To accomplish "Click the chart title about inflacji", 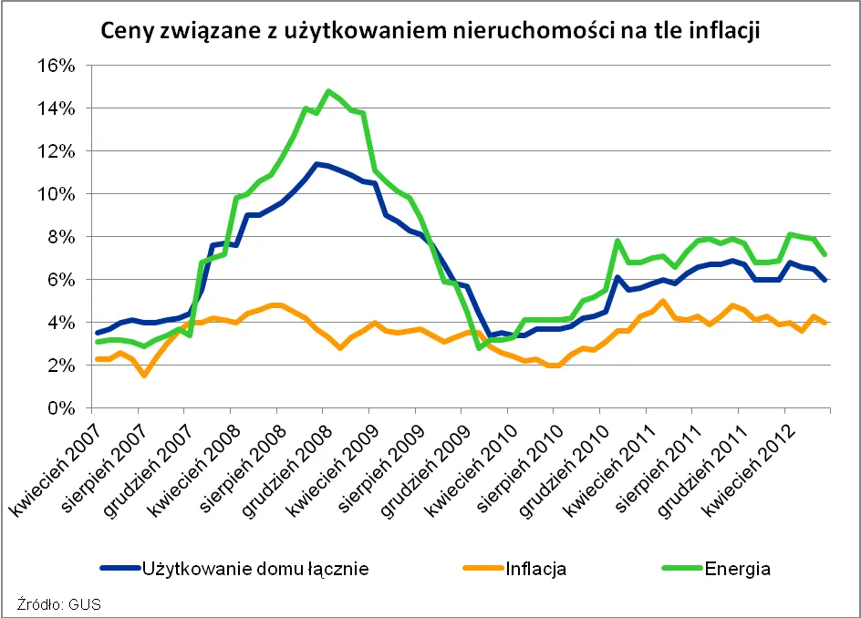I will pyautogui.click(x=430, y=31).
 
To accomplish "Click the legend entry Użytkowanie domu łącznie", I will pyautogui.click(x=254, y=569).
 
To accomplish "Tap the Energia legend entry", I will pyautogui.click(x=737, y=569).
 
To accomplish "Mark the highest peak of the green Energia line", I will pyautogui.click(x=327, y=91).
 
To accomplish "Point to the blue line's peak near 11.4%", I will pyautogui.click(x=315, y=164).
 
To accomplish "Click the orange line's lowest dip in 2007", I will pyautogui.click(x=144, y=375).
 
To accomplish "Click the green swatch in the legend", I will pyautogui.click(x=679, y=569).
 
